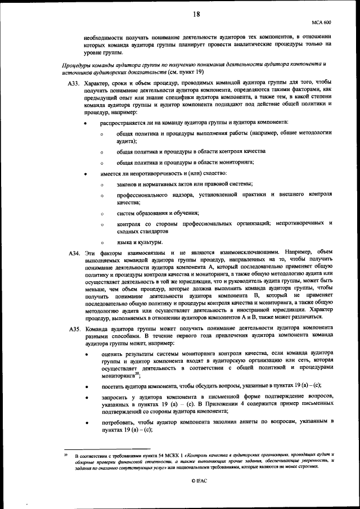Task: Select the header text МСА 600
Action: [x=321, y=22]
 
